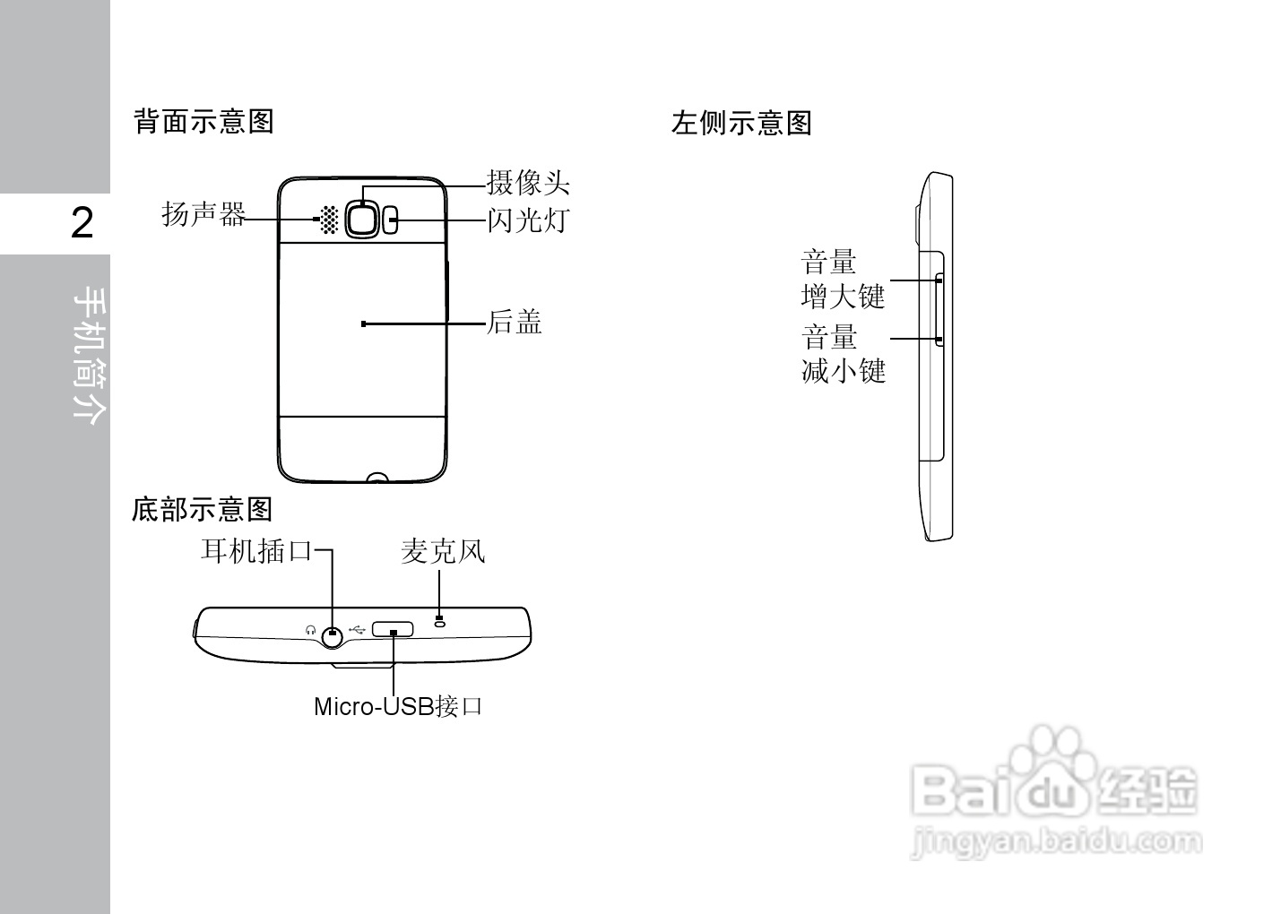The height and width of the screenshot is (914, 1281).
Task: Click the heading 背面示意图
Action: (x=203, y=121)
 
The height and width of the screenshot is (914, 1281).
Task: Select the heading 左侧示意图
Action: (x=741, y=123)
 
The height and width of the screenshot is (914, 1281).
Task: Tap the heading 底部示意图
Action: (x=202, y=509)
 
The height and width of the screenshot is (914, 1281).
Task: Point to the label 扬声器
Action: (x=203, y=215)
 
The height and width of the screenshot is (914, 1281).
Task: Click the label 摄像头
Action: (x=528, y=184)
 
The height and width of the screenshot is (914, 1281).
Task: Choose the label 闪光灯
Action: (x=528, y=220)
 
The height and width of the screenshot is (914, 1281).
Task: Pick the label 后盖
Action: (x=515, y=322)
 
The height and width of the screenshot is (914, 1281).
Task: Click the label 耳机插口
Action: (x=255, y=550)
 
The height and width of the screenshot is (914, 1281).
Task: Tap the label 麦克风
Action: (x=443, y=551)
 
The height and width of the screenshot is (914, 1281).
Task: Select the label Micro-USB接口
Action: (x=398, y=706)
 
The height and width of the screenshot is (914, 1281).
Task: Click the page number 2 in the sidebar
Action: (x=82, y=223)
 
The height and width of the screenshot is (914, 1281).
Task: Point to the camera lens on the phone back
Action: (x=362, y=218)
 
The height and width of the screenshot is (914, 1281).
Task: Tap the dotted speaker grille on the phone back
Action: (x=329, y=220)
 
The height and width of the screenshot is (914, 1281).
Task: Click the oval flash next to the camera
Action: (x=391, y=220)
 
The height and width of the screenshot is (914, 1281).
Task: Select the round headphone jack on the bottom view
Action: (x=333, y=634)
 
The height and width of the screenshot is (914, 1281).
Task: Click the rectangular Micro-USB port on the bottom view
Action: (x=393, y=628)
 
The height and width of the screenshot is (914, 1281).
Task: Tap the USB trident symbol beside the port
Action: (x=358, y=629)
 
